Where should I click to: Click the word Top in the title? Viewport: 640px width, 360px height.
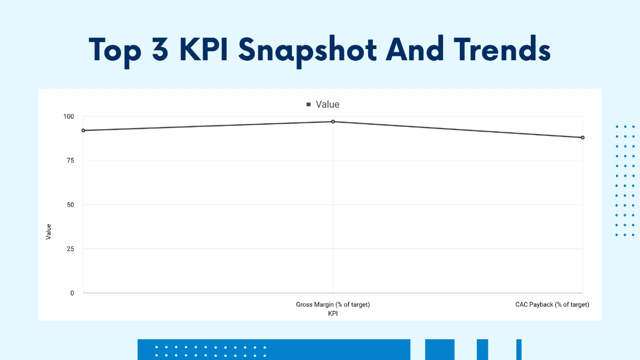[118, 50]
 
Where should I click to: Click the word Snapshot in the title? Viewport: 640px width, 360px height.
[307, 50]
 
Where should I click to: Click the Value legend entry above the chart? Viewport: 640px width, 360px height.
[327, 105]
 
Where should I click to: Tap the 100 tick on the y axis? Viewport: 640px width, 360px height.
[69, 116]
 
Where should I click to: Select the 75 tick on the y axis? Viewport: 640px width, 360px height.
[70, 161]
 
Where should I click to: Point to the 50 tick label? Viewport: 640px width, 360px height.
[70, 205]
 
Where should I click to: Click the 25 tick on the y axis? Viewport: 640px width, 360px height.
[70, 249]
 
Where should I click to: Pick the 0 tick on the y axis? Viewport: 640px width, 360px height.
[72, 293]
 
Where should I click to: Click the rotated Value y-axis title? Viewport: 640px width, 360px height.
[49, 231]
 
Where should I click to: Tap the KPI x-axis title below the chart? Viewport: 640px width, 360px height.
[333, 314]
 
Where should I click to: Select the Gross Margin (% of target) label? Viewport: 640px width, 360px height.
[333, 305]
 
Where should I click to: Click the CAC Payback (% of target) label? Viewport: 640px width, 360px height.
[552, 305]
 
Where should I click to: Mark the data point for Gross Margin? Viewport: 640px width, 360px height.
[333, 122]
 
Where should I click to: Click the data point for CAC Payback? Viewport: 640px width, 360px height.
[582, 138]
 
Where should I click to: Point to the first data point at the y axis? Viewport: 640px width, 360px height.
[83, 130]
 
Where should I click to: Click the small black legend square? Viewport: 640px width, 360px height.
[308, 105]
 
